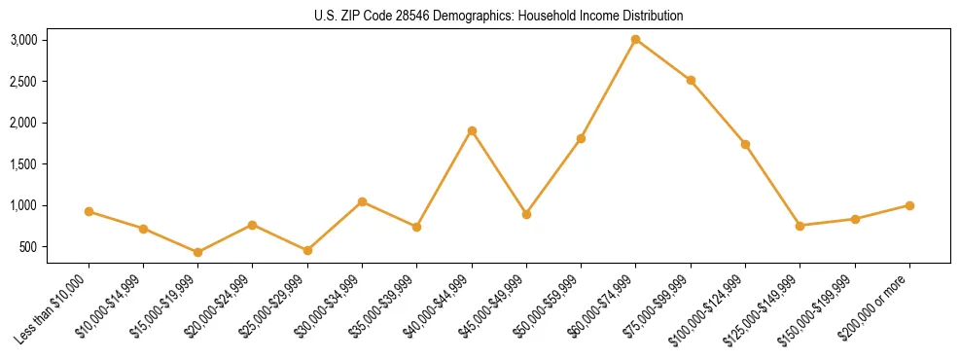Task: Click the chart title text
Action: pos(499,16)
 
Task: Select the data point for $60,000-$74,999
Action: pos(635,40)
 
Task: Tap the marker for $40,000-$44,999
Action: pos(472,130)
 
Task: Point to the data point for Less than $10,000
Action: pos(89,211)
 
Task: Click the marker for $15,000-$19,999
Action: pos(197,252)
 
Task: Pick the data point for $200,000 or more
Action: pos(909,205)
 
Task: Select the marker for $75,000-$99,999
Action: pos(691,80)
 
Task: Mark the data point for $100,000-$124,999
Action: pos(745,144)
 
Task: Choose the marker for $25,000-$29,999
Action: pos(307,250)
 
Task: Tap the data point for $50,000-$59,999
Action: pos(581,138)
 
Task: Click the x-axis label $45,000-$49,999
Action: pos(491,306)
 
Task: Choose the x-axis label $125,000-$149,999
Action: pos(764,308)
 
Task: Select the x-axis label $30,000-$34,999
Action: pos(327,306)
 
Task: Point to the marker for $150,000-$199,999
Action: pos(855,219)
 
